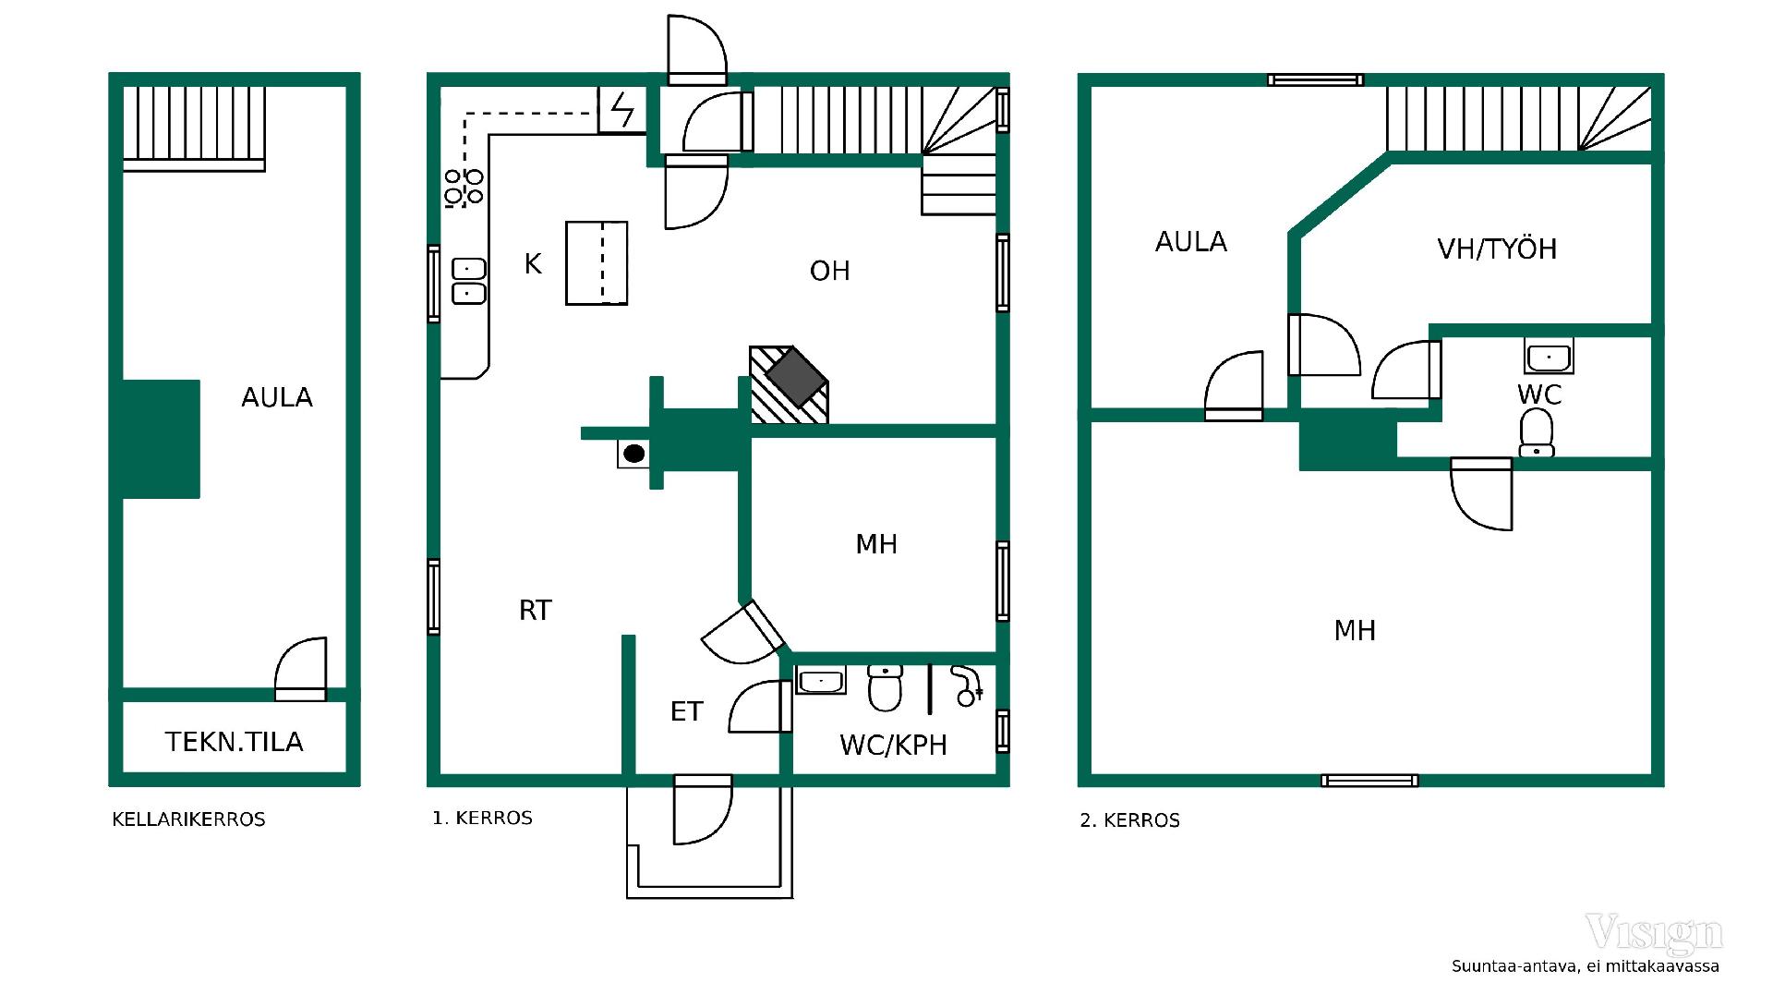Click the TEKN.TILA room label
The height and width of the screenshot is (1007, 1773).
[x=235, y=742]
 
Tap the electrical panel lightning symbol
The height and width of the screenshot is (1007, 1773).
[x=622, y=110]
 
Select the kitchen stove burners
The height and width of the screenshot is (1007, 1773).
[x=464, y=188]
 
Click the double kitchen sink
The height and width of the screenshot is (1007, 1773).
[x=468, y=281]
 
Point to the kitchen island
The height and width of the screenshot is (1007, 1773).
[x=597, y=263]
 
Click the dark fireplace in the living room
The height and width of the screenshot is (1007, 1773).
[x=795, y=378]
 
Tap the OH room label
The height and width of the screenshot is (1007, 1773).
[x=829, y=271]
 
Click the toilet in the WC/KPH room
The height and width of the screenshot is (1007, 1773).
[x=885, y=688]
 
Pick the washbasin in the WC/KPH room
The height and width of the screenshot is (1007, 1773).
[x=821, y=681]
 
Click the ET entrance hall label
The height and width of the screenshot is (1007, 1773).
[x=687, y=711]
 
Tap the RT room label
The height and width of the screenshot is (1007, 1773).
[x=536, y=611]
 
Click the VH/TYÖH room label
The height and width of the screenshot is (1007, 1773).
[x=1497, y=249]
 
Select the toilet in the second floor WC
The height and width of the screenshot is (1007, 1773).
[x=1537, y=433]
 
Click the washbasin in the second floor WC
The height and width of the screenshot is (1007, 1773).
[x=1549, y=356]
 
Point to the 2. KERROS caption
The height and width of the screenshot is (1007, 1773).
[x=1130, y=820]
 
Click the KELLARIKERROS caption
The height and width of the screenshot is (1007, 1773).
[x=188, y=819]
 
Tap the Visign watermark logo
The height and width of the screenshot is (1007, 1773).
[x=1654, y=934]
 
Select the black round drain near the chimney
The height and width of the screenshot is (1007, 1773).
[x=633, y=454]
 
